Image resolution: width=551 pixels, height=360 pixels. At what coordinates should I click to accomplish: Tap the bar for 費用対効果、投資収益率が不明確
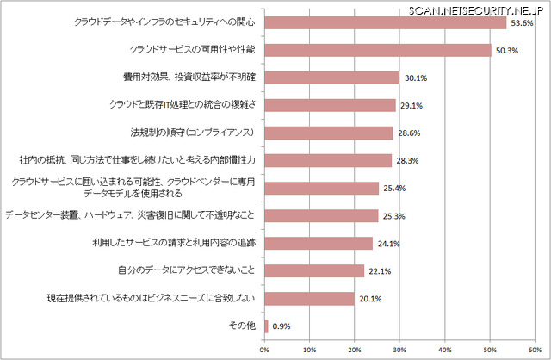coord(331,78)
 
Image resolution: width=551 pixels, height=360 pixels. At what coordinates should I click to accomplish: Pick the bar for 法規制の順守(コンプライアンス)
coord(328,133)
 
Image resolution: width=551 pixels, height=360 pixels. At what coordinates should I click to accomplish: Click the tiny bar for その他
coord(266,326)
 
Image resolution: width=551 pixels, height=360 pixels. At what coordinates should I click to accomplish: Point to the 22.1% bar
coord(313,271)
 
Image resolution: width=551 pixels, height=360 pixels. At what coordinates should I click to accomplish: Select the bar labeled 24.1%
coord(318,244)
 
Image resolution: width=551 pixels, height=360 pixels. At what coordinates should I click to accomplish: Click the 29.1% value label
coord(410,106)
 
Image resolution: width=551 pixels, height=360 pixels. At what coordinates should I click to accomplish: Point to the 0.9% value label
coord(282,327)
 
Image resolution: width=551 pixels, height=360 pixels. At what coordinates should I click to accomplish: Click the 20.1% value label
coord(369,300)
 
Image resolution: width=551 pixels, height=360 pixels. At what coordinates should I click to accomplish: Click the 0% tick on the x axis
coord(263,349)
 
